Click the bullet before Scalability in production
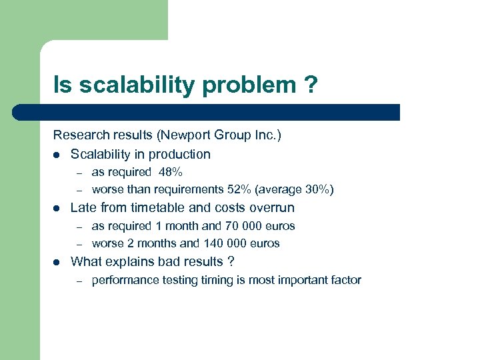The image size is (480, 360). pyautogui.click(x=57, y=155)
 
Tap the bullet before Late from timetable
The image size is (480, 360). pyautogui.click(x=57, y=208)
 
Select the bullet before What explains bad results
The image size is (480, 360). pyautogui.click(x=57, y=262)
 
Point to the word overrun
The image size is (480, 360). pyautogui.click(x=271, y=207)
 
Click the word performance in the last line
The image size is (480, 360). pyautogui.click(x=122, y=280)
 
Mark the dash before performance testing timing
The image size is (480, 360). pyautogui.click(x=78, y=281)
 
